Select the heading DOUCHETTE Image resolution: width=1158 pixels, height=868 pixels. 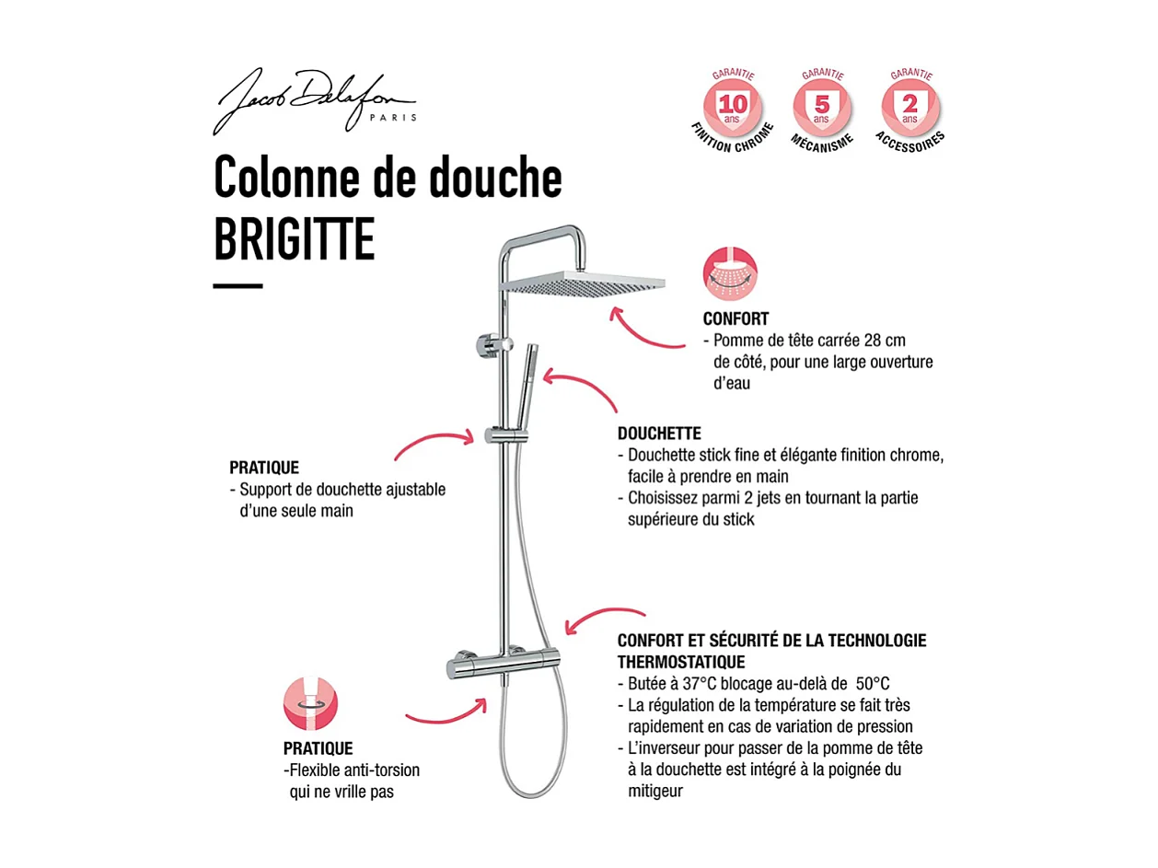[659, 433]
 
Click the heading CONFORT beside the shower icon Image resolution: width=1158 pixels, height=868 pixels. [735, 319]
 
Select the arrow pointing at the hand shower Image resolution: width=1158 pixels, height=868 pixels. [580, 387]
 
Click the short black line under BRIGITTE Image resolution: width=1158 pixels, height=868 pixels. [237, 286]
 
